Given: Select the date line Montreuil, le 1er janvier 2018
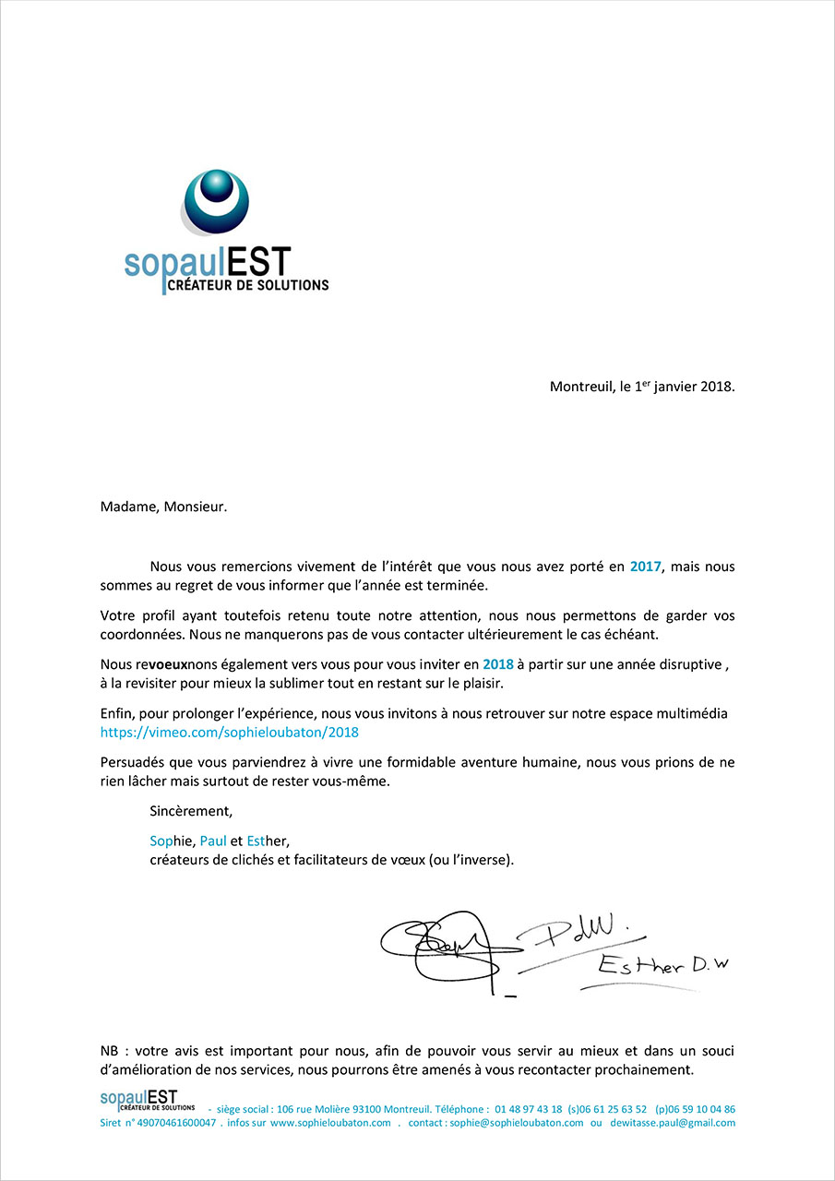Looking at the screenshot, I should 642,387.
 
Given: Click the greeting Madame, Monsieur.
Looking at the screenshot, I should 163,506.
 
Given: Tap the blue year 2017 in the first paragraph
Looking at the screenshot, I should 646,567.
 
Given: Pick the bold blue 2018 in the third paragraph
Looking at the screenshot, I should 497,664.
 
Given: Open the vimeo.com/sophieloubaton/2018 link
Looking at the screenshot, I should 230,732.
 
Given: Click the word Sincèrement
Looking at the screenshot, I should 191,811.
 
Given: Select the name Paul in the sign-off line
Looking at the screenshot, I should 213,841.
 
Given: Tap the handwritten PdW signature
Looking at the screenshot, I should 590,930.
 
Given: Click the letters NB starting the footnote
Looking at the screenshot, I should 110,1052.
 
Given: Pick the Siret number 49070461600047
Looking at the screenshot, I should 176,1123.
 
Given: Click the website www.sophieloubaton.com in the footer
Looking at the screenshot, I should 330,1123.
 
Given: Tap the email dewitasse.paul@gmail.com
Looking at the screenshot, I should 673,1123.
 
